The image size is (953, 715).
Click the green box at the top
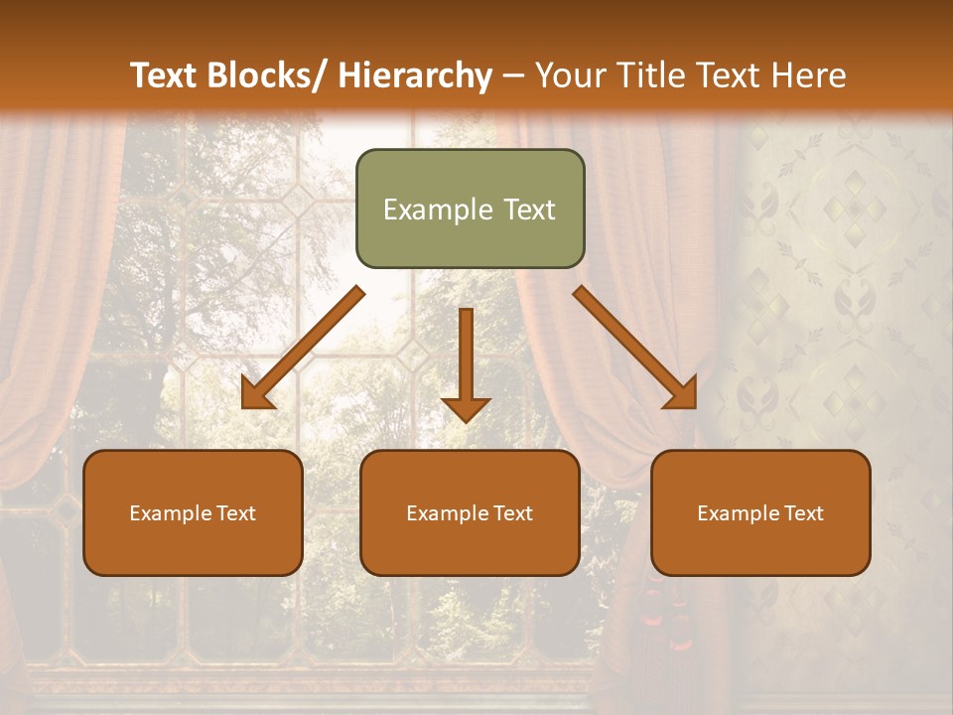470,209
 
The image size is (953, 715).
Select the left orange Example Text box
193,512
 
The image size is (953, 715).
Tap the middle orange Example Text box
470,512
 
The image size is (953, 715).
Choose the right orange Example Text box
760,512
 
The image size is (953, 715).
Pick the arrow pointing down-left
303,348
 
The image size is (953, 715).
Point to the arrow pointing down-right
635,348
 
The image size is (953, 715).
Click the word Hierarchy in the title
414,75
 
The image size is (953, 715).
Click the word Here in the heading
811,75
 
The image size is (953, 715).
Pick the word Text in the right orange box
802,513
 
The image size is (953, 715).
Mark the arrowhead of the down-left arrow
256,394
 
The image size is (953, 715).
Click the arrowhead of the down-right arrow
682,394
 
